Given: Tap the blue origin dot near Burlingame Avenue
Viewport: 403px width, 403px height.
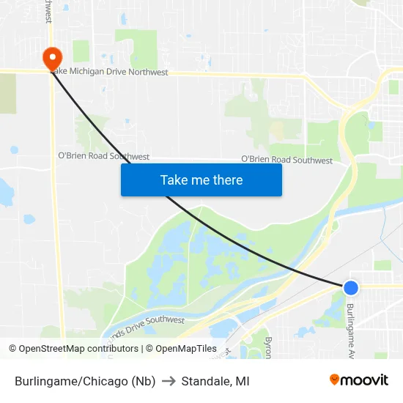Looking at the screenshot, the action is pos(351,288).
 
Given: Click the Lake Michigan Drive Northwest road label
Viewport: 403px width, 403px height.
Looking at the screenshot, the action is pos(110,73).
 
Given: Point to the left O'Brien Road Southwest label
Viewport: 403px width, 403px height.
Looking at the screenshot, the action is pos(103,157).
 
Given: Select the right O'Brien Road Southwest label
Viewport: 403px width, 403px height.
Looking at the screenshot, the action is pos(286,160).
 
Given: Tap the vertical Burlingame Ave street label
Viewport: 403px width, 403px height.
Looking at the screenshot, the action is pos(351,330).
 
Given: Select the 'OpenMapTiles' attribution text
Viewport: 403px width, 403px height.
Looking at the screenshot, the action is pos(186,349).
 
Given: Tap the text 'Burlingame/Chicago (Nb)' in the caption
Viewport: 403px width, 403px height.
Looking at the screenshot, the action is pos(85,381).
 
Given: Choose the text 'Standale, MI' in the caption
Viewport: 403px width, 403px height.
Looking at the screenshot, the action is pos(215,381).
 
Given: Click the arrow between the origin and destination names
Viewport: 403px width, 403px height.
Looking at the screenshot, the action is pos(169,381).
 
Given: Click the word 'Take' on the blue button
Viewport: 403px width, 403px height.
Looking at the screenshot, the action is pos(173,180).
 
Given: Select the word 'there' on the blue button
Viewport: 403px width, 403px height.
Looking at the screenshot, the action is pos(227,180).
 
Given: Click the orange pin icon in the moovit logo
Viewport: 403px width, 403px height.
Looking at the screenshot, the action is pos(334,380).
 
